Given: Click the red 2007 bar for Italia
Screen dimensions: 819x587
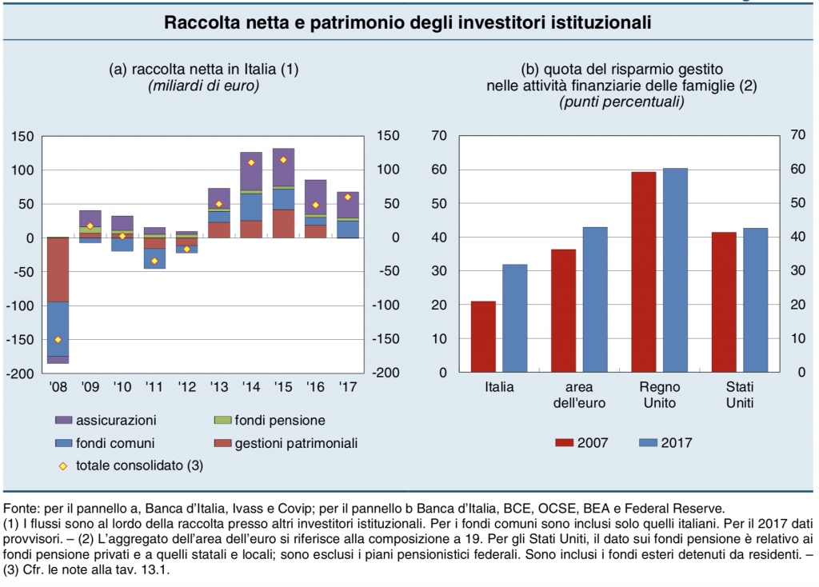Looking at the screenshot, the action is [x=483, y=337].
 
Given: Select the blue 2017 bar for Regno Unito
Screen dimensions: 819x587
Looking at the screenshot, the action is [x=675, y=270].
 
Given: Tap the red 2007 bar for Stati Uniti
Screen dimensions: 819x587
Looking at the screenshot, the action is [x=724, y=302].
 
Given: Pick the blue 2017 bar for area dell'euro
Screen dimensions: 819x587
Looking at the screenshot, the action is [x=595, y=300].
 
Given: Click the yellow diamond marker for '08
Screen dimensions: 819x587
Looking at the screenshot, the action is [x=58, y=340].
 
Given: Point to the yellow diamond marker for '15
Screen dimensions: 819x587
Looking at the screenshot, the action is [x=283, y=160].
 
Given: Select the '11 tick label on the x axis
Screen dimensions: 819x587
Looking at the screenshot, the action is [x=154, y=387].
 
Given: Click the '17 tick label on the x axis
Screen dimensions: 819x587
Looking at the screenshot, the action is [x=347, y=387].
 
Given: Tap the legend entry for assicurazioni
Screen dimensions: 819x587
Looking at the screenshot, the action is [x=106, y=421].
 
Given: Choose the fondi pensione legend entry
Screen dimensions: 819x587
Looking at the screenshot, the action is [x=270, y=421].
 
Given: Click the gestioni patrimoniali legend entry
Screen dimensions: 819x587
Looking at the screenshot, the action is [x=286, y=443].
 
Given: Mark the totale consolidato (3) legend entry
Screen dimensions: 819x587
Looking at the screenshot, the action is [x=130, y=465].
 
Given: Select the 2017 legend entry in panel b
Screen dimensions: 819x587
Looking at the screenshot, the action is [x=665, y=443].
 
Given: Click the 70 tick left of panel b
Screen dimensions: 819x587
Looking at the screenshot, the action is [x=439, y=136].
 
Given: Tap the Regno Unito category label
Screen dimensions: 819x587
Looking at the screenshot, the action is [x=660, y=395].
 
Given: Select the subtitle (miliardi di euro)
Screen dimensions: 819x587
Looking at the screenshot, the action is [x=204, y=86].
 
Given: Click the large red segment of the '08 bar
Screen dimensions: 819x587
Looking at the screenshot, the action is [x=58, y=270].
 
